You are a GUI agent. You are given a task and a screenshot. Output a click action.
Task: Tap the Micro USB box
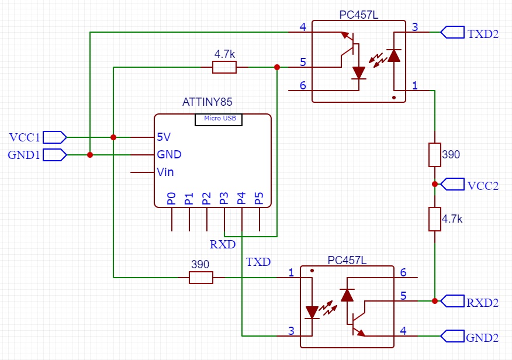219,119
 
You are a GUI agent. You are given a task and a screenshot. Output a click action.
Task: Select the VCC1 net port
56,137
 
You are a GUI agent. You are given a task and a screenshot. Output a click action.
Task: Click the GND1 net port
56,155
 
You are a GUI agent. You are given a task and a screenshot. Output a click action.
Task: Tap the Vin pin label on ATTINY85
165,172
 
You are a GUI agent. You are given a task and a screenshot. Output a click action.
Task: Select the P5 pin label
260,198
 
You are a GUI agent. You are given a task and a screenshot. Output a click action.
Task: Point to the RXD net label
222,244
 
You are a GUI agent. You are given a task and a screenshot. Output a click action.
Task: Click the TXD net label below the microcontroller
258,261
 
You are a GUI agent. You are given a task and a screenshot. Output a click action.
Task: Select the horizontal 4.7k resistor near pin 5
224,68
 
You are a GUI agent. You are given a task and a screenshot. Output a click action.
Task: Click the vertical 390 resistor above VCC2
435,155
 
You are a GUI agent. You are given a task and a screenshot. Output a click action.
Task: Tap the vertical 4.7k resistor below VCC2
435,219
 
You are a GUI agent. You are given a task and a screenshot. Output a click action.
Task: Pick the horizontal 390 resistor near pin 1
201,278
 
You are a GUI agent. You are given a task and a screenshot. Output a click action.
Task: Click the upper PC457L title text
358,15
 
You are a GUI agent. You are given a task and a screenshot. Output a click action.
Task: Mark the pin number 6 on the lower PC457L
403,272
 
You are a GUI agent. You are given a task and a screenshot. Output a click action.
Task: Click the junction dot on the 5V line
113,137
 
